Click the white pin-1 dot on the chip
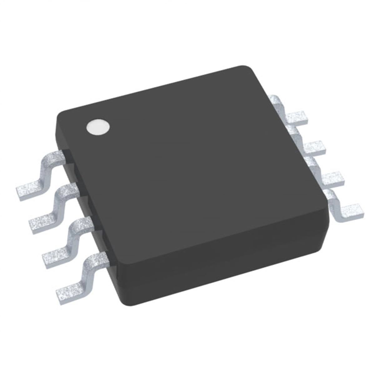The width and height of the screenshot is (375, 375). (98, 128)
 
